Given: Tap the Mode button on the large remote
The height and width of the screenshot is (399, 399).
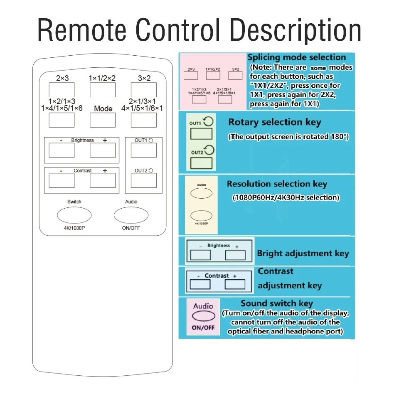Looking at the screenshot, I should click(103, 120).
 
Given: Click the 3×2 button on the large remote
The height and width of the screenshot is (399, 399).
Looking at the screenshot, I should click(144, 90).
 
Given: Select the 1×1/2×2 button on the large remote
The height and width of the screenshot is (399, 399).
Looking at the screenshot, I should click(103, 90).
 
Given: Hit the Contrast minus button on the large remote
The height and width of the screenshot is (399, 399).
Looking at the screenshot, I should click(62, 180).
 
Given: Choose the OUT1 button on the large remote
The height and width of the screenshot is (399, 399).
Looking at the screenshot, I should click(144, 150).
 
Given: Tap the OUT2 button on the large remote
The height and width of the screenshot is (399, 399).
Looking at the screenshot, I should click(144, 180).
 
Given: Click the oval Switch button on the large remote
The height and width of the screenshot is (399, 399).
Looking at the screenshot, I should click(74, 215).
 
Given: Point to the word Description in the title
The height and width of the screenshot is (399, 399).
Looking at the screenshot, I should click(296, 30).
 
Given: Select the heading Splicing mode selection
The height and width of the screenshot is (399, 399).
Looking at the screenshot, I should click(297, 57).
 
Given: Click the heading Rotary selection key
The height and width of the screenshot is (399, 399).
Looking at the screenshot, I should click(275, 122).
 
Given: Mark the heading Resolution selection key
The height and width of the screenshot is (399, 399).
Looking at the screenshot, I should click(277, 184).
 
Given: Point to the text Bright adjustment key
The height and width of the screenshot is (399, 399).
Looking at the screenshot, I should click(303, 253).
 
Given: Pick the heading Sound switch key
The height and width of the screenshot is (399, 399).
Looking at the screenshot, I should click(277, 303).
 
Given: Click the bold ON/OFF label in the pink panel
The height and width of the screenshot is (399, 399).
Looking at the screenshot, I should click(203, 328).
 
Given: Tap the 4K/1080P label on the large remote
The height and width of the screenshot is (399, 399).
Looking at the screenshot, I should click(74, 228).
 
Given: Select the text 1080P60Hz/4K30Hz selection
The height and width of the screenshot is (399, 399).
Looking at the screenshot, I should click(286, 197).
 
